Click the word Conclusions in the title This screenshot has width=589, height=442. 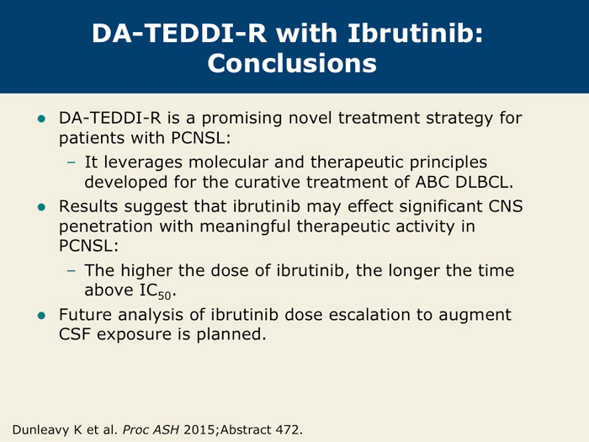292,63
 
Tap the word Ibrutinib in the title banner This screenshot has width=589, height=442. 415,33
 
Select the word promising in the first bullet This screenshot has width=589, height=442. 241,119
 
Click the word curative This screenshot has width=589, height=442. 267,183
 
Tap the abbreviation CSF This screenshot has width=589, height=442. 74,334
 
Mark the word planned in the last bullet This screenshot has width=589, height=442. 231,334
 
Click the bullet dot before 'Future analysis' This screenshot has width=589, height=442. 41,316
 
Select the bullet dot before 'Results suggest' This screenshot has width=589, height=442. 41,207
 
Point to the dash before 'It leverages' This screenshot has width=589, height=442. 71,162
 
